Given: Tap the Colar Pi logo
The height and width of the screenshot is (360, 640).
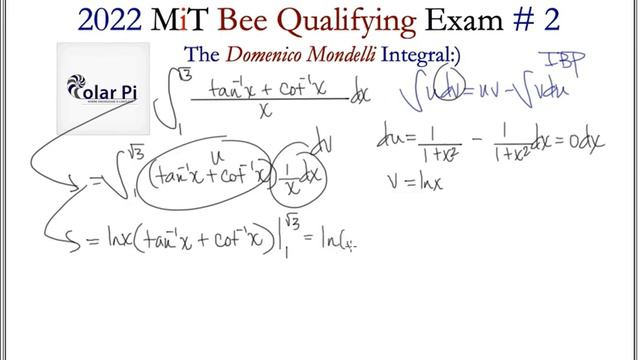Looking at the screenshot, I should point(102,90).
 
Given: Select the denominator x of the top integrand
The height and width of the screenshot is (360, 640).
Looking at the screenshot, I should point(266,113).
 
